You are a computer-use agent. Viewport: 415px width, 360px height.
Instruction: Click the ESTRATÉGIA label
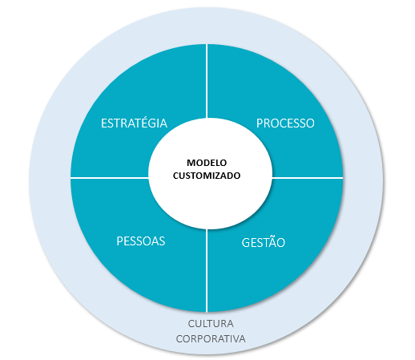(134, 123)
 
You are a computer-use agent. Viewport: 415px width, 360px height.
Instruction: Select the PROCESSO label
(285, 123)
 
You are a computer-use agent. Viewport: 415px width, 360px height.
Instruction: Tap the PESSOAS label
(141, 241)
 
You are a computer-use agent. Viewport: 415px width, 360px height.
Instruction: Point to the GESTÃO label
(264, 241)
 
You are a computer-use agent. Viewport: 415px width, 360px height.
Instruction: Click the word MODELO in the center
(207, 163)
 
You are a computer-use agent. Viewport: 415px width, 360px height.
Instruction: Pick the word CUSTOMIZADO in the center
(207, 176)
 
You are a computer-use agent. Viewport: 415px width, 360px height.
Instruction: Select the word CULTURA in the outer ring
(211, 323)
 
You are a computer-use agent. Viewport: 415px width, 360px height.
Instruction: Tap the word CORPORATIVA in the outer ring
(211, 338)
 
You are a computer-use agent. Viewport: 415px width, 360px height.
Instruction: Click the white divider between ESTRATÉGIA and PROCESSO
(207, 81)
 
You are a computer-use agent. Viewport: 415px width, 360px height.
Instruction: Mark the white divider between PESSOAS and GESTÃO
(207, 270)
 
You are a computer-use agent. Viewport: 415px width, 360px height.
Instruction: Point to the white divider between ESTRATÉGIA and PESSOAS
(110, 177)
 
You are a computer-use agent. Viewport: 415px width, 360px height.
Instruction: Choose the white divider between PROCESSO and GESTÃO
(308, 177)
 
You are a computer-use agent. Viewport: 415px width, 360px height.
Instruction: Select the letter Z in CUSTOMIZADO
(219, 176)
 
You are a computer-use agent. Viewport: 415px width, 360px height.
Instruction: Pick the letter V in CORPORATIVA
(235, 339)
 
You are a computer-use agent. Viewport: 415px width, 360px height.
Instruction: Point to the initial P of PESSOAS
(120, 241)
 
